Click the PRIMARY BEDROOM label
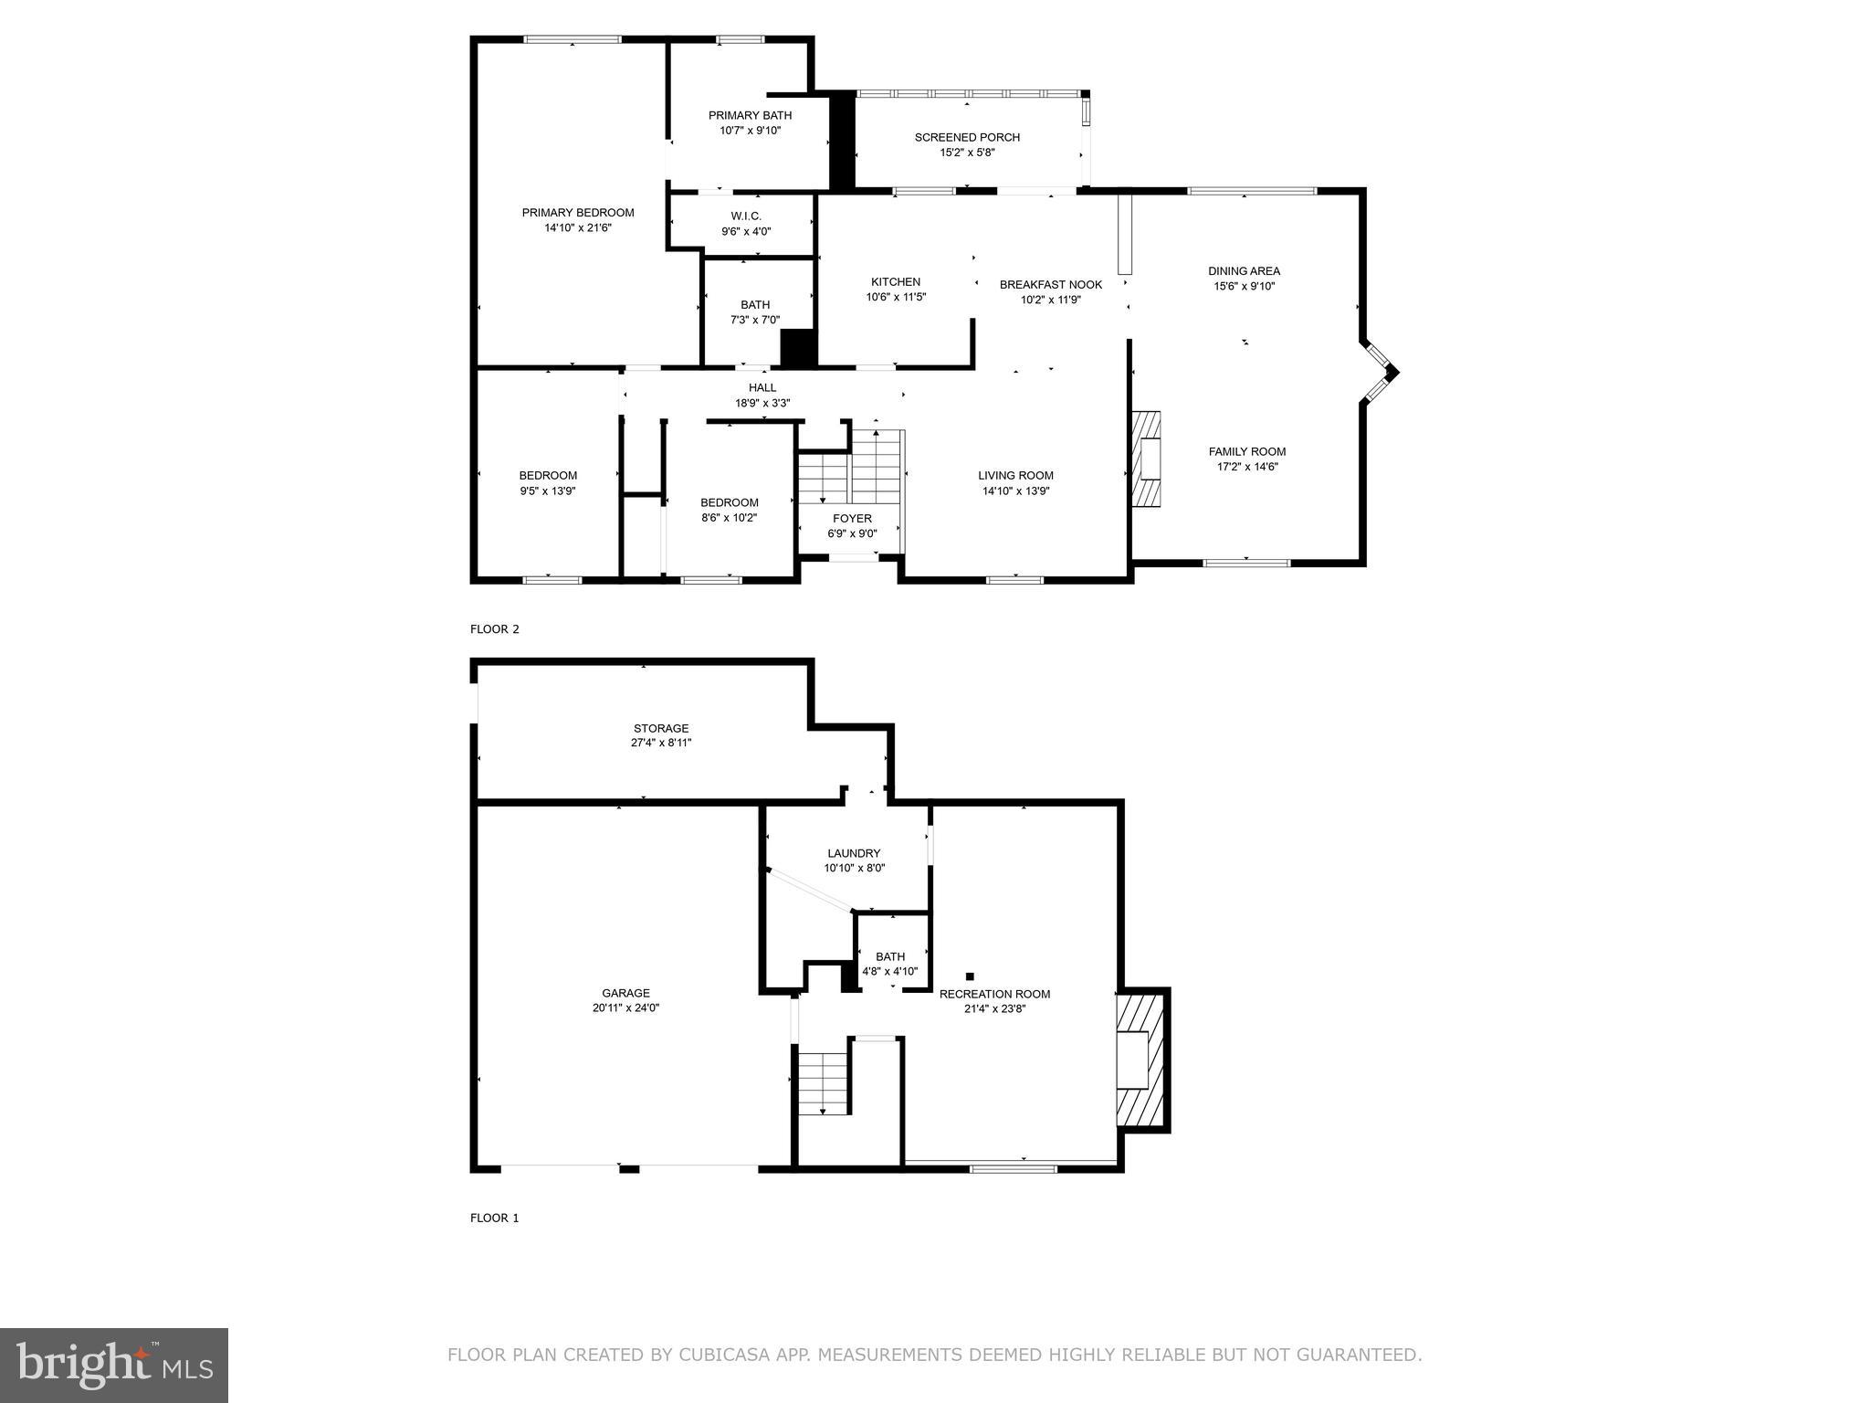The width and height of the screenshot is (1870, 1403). (577, 213)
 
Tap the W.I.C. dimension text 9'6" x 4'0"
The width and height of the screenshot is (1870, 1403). (745, 231)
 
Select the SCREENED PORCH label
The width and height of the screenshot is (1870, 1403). (967, 137)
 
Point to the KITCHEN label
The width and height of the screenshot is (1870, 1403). (895, 281)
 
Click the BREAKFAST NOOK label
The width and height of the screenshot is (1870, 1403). (1050, 284)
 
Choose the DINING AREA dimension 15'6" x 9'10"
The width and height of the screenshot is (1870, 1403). (1244, 286)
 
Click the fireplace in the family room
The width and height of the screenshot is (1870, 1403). (1147, 459)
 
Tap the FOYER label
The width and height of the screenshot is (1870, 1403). (851, 519)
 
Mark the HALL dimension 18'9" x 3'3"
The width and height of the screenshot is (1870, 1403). (762, 403)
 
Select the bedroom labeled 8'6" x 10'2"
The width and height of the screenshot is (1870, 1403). (729, 510)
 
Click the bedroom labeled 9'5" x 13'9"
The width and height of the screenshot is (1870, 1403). (548, 483)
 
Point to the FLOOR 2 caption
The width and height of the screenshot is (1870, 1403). (494, 629)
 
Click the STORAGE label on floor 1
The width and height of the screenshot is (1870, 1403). (661, 728)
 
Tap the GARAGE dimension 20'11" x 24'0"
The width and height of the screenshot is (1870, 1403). (625, 1008)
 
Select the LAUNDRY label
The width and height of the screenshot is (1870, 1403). (854, 853)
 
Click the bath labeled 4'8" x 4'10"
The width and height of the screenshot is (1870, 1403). (890, 965)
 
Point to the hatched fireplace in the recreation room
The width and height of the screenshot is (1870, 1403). (1141, 1060)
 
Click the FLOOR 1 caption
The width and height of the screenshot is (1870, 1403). (494, 1218)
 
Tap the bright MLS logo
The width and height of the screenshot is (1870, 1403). (113, 1366)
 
